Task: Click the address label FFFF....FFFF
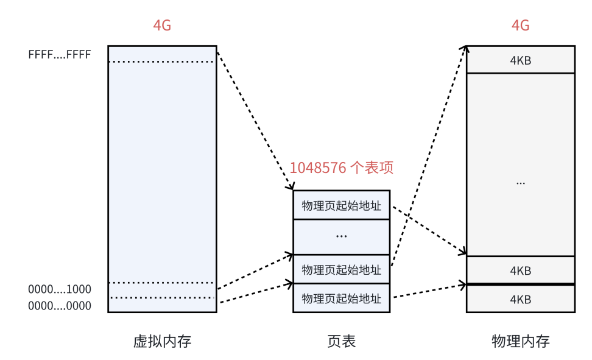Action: point(59,55)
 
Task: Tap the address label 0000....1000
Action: point(59,289)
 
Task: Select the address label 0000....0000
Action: point(59,306)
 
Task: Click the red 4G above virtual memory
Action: point(162,26)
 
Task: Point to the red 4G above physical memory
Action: point(520,26)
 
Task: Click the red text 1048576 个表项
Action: point(345,168)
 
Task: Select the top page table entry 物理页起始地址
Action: point(341,205)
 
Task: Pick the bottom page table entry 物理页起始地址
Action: point(341,298)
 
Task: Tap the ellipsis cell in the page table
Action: point(341,236)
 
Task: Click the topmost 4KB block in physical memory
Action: point(520,60)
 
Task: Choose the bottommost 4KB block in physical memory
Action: point(520,299)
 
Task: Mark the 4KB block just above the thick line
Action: point(520,270)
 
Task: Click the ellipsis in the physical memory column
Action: point(520,182)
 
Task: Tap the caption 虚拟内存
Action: point(162,341)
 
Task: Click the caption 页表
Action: point(341,341)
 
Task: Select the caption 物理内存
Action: point(520,341)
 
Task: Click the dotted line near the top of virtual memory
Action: point(162,62)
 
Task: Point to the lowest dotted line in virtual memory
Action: point(162,297)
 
